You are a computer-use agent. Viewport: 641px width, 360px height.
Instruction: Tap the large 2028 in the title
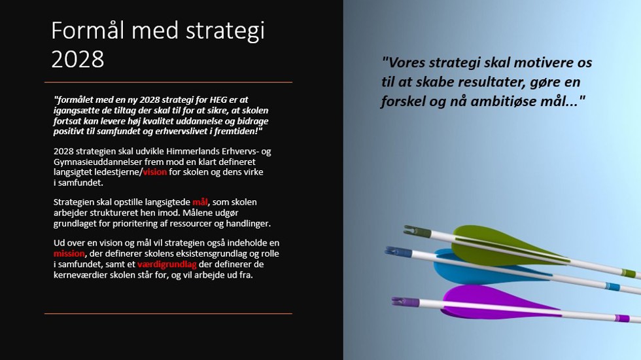pos(78,59)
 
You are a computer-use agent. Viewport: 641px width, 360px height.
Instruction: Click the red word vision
pos(155,171)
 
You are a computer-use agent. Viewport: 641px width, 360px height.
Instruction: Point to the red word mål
pos(200,202)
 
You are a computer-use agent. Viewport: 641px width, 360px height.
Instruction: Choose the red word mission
pos(69,254)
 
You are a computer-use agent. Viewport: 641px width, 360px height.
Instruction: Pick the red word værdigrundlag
pos(167,264)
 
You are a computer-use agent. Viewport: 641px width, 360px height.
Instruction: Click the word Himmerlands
pos(193,151)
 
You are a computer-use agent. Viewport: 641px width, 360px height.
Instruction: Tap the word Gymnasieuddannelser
pos(97,162)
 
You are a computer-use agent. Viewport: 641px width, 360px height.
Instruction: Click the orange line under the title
pos(169,82)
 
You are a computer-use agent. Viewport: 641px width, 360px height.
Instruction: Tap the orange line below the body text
pos(169,314)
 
